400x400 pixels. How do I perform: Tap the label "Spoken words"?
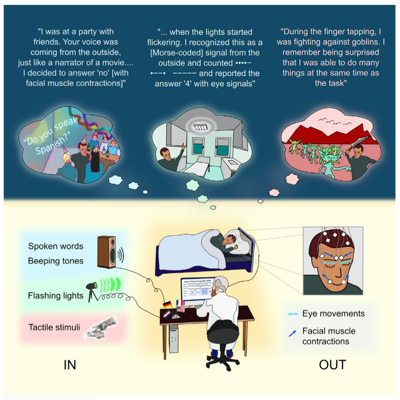(x=56, y=246)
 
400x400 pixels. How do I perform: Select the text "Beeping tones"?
(x=56, y=261)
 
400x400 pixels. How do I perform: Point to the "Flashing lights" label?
(x=56, y=296)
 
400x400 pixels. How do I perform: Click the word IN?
(x=70, y=365)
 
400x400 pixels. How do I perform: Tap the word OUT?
(x=332, y=365)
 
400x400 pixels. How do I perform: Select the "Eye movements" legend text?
(x=333, y=313)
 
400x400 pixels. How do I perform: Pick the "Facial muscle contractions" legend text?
(x=328, y=336)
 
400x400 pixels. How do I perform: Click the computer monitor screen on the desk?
(x=197, y=291)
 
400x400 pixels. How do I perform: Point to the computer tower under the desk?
(x=174, y=338)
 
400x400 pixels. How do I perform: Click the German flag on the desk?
(x=167, y=304)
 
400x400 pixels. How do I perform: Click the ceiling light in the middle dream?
(x=201, y=127)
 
